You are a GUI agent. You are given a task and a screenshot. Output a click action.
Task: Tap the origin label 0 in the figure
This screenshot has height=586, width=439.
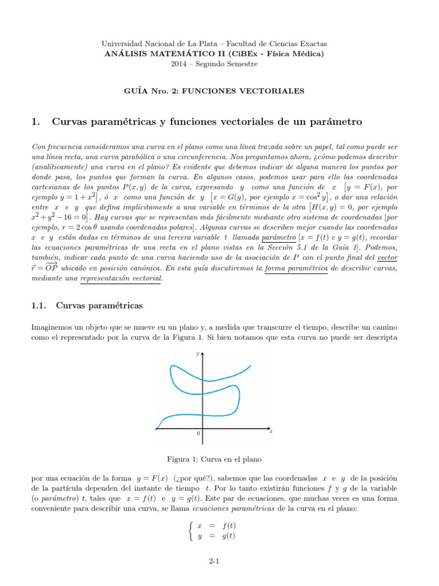tap(198, 434)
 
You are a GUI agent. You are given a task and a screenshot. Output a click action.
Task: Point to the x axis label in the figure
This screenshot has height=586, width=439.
tap(271, 431)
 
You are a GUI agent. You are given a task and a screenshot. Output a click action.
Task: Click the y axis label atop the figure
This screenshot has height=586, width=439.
tap(197, 355)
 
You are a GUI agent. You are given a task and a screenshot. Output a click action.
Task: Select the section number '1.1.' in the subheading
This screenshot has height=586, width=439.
tap(42, 306)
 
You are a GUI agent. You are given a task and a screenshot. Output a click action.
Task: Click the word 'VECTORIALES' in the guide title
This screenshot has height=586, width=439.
tap(277, 90)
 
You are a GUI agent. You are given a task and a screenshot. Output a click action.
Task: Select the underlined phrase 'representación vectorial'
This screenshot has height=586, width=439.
tap(122, 278)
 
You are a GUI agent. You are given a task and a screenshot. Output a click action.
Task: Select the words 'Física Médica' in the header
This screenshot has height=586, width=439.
tap(295, 54)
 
